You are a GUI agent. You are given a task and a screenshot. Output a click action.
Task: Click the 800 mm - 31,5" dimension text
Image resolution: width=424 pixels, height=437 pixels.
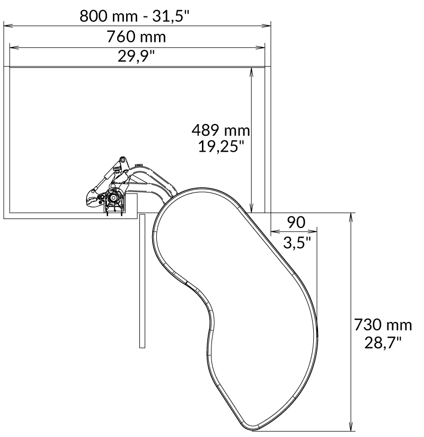[x=134, y=15]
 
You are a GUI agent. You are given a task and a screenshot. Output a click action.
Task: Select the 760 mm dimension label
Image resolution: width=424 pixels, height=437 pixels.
[x=136, y=37]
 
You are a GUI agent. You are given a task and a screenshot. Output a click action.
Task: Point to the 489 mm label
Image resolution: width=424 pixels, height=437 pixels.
[x=220, y=130]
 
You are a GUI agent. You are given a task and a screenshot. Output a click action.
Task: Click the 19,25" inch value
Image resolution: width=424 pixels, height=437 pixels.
[x=220, y=146]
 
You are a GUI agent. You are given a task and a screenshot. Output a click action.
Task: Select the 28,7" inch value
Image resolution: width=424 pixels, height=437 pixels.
[x=382, y=342]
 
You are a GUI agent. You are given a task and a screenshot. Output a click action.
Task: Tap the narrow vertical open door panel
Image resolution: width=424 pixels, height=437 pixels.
[x=142, y=281]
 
